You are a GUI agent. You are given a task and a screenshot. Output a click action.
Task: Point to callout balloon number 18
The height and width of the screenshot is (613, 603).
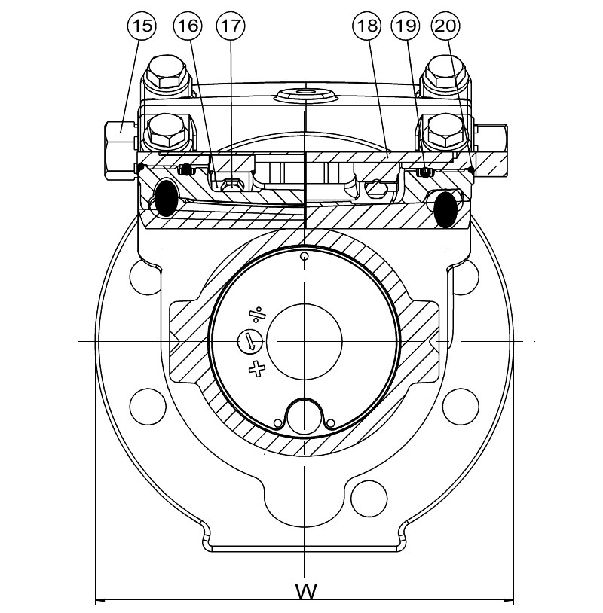pos(366,26)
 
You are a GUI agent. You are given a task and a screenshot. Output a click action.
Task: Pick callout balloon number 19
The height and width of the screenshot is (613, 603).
pos(406,26)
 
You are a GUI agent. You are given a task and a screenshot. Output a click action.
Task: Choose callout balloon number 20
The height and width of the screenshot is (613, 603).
pos(445,26)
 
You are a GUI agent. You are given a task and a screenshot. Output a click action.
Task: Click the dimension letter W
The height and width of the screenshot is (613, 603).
pos(304,589)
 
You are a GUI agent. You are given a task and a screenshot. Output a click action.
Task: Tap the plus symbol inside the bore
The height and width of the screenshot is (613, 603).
pos(258,368)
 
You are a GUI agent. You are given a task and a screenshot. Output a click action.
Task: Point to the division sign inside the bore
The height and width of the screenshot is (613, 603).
pos(257,313)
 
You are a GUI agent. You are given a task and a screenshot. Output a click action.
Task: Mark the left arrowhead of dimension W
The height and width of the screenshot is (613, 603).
pos(99,600)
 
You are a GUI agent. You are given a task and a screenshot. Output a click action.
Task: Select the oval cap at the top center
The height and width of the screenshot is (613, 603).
pos(305,94)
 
